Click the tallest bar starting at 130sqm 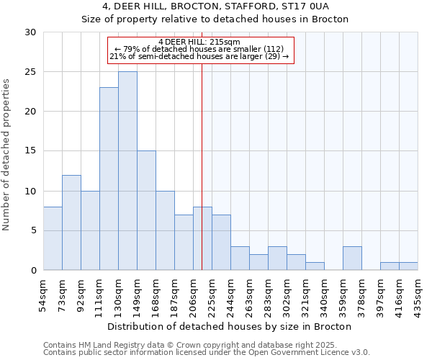(127, 171)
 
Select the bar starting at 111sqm (109, 179)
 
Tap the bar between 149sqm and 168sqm (146, 210)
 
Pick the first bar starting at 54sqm (53, 238)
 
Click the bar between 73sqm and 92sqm (71, 222)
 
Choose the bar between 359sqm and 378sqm (352, 258)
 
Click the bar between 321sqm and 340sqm (315, 266)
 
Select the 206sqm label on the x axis (193, 294)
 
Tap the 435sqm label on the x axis (418, 294)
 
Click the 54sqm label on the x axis (43, 294)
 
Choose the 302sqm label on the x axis (287, 294)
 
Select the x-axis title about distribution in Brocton (230, 326)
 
